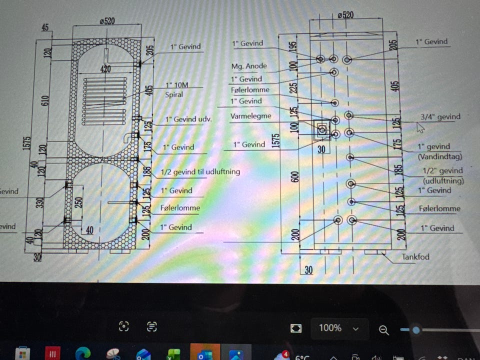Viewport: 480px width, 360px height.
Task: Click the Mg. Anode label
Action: pyautogui.click(x=249, y=66)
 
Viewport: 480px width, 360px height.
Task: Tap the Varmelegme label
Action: pyautogui.click(x=251, y=116)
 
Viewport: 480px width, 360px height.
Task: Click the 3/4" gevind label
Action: pyautogui.click(x=440, y=117)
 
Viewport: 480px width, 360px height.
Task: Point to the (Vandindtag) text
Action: pyautogui.click(x=439, y=156)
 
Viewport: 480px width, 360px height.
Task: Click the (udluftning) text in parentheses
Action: pyautogui.click(x=443, y=180)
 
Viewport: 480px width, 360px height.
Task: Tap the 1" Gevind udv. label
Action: pyautogui.click(x=189, y=119)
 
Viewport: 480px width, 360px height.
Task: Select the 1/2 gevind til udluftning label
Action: pyautogui.click(x=200, y=171)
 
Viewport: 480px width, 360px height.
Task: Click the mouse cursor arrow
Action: pyautogui.click(x=420, y=128)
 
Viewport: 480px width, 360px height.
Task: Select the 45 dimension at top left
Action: pyautogui.click(x=45, y=28)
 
